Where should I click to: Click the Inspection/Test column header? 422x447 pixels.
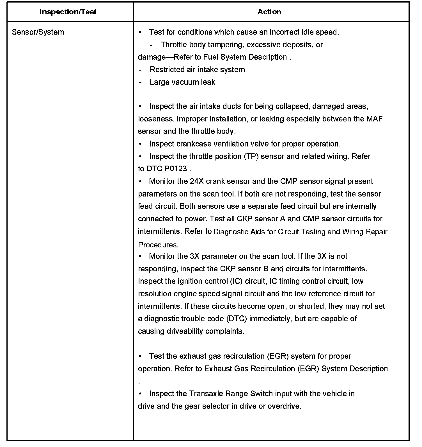[x=68, y=12]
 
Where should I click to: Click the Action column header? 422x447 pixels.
[x=269, y=12]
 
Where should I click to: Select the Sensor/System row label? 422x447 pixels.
[x=38, y=32]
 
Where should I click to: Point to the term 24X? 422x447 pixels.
[x=197, y=181]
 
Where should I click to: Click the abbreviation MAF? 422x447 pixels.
[x=374, y=119]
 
